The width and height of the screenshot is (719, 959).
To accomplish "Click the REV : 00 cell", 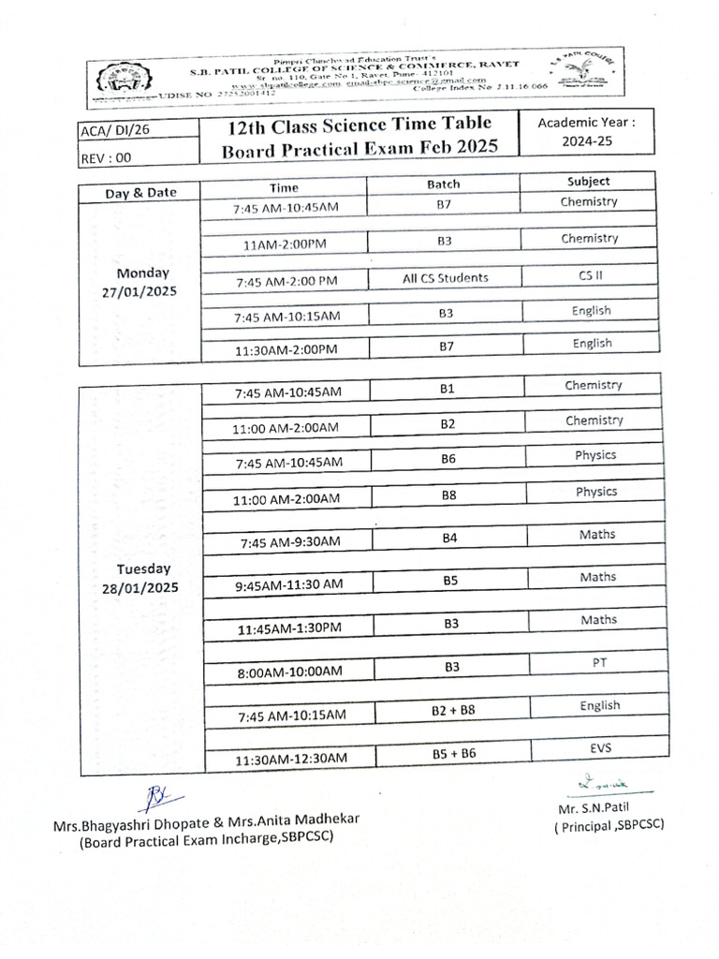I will (106, 158).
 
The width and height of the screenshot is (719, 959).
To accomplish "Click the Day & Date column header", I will (141, 192).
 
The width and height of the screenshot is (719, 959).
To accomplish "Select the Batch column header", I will (443, 184).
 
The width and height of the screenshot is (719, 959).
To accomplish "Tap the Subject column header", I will (588, 182).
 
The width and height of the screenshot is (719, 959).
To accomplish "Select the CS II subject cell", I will (591, 275).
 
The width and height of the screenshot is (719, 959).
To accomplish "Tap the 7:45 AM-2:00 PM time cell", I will (286, 281).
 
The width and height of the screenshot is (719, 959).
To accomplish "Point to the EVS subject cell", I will (600, 747).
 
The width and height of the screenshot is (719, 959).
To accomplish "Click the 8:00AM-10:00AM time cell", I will (289, 671).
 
